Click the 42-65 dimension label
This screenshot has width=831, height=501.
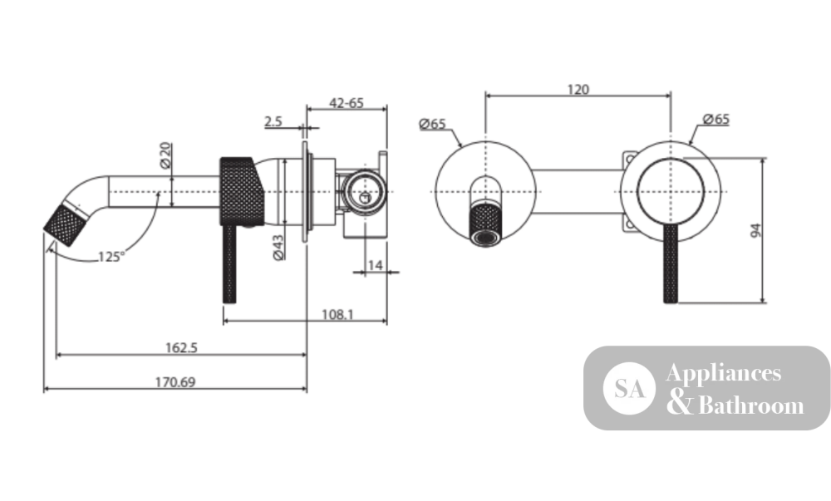pyautogui.click(x=347, y=103)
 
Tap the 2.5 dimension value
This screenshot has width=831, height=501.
pyautogui.click(x=273, y=122)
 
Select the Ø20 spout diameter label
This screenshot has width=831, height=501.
pyautogui.click(x=166, y=155)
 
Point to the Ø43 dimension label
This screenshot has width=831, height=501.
pyautogui.click(x=278, y=248)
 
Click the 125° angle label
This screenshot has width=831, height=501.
pyautogui.click(x=111, y=257)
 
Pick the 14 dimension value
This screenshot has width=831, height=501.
pyautogui.click(x=376, y=265)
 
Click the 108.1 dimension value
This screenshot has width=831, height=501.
pyautogui.click(x=337, y=315)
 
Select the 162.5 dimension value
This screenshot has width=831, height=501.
pyautogui.click(x=181, y=347)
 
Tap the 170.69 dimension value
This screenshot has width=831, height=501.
pyautogui.click(x=175, y=382)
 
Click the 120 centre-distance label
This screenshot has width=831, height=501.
pyautogui.click(x=578, y=90)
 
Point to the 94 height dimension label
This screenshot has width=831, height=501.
pyautogui.click(x=756, y=230)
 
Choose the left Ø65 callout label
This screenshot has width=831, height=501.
pyautogui.click(x=432, y=125)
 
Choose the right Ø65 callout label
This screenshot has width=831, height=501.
pyautogui.click(x=716, y=119)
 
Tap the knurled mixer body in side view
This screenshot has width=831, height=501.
pyautogui.click(x=241, y=191)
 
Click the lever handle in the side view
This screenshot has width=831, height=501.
pyautogui.click(x=229, y=264)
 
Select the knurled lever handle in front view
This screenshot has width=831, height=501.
pyautogui.click(x=671, y=263)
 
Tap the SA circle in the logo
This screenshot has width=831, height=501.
pyautogui.click(x=629, y=388)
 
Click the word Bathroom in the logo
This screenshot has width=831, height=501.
pyautogui.click(x=751, y=405)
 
